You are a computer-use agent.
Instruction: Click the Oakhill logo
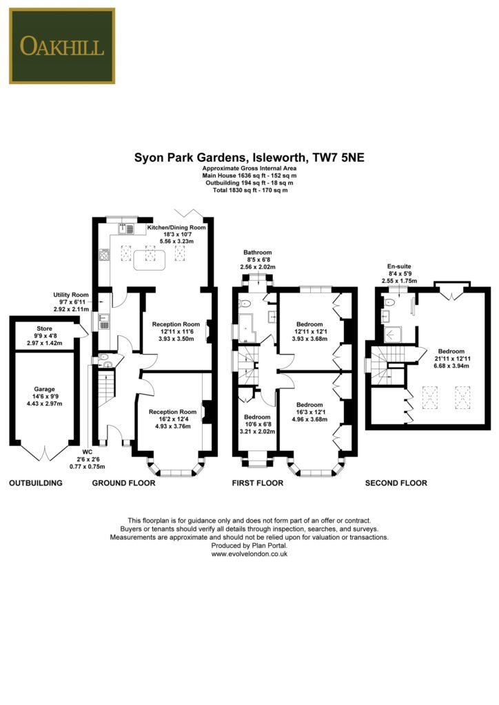tap(62, 46)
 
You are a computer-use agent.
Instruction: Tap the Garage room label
tap(45, 390)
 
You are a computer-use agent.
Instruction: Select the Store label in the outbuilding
tap(45, 328)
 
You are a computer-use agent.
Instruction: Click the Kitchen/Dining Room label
tap(176, 227)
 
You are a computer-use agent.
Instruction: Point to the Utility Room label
tap(71, 295)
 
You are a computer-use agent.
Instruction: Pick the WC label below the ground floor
tap(88, 452)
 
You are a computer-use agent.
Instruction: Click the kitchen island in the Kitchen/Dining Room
tap(150, 260)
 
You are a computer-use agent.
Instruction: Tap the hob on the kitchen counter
tap(104, 255)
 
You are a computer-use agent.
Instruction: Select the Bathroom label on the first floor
tap(258, 252)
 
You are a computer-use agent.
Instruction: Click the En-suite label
tap(399, 266)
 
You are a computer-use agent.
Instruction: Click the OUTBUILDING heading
tap(36, 483)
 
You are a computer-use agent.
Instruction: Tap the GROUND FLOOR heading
tap(124, 483)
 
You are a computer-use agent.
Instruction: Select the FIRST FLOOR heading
tap(258, 483)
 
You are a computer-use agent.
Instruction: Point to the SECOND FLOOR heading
tap(396, 483)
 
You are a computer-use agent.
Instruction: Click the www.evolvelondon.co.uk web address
tap(250, 554)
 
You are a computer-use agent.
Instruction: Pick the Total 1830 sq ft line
tap(250, 190)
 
